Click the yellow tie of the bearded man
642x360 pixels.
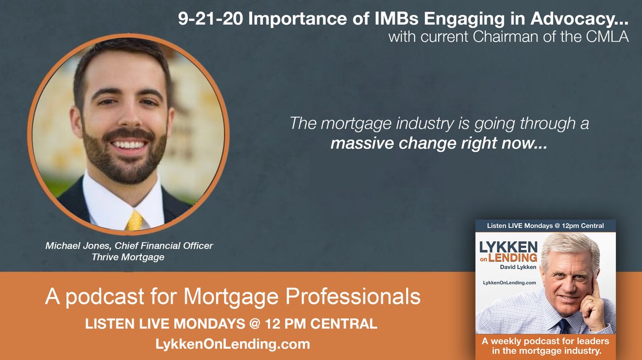(x=135, y=221)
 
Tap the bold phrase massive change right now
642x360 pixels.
(x=438, y=143)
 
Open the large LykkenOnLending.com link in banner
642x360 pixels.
(x=231, y=344)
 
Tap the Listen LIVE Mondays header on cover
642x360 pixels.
(x=545, y=226)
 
